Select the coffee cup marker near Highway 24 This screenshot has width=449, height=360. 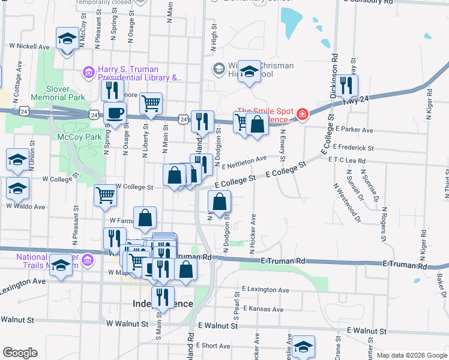[x=115, y=113]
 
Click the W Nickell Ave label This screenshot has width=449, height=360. [x=29, y=46]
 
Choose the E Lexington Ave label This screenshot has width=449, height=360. [x=266, y=290]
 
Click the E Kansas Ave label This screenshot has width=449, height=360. [x=262, y=309]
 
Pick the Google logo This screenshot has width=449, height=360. [x=19, y=353]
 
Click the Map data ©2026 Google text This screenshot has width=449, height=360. [x=411, y=355]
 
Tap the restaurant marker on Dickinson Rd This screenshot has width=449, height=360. [x=345, y=85]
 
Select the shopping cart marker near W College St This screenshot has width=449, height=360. [x=105, y=194]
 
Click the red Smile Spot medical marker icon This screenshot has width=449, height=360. [x=303, y=114]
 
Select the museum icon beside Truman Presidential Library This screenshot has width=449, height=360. [x=88, y=73]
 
